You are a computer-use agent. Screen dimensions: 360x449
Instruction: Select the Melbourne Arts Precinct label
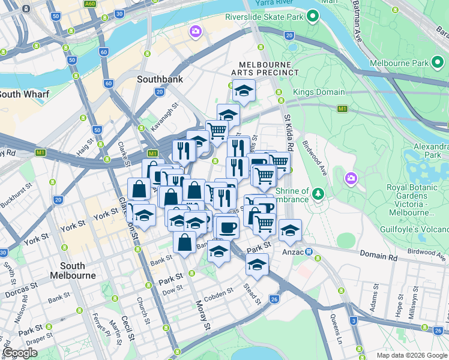tap(268, 68)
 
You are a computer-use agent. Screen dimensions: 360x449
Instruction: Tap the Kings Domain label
tap(319, 92)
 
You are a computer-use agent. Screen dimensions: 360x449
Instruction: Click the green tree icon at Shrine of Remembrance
tap(318, 194)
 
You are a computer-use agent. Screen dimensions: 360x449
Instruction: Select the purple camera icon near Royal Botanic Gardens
tap(351, 178)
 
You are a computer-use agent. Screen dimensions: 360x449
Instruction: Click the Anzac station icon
tap(309, 252)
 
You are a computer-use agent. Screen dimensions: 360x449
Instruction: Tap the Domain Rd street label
tap(379, 256)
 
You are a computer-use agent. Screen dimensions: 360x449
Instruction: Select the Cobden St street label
tap(217, 293)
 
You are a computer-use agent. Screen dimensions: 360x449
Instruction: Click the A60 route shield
tap(91, 4)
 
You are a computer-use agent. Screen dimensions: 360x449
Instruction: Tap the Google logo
tap(20, 353)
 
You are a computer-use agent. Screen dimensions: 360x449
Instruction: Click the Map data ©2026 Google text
tap(411, 355)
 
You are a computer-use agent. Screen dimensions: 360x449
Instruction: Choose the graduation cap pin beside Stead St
tap(257, 265)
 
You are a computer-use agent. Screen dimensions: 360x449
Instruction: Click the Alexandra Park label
tap(431, 151)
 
